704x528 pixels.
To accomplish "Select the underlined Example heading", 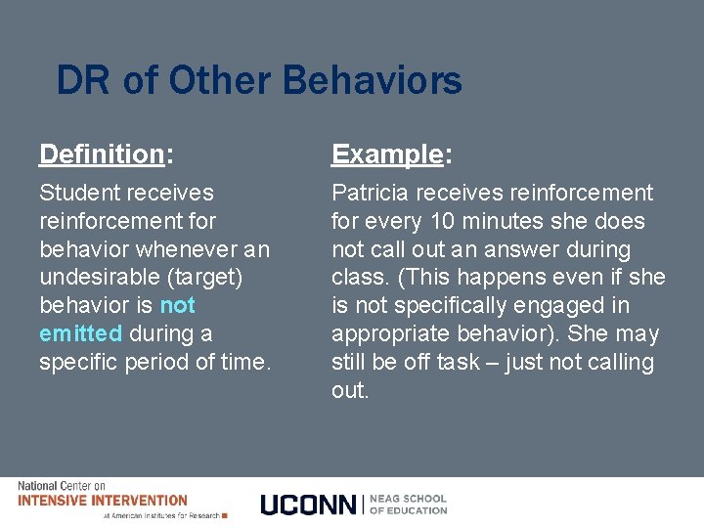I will tap(387, 154).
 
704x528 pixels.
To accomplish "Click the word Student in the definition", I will tap(74, 193).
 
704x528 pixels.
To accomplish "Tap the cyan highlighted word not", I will tap(177, 306).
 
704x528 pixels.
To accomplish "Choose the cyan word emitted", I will tap(80, 334).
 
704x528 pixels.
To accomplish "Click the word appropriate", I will tap(386, 334).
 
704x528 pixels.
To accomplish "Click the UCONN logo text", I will tap(309, 505).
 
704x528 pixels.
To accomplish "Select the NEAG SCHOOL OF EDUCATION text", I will tap(408, 504).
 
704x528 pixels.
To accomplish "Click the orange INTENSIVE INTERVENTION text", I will tap(103, 500).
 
